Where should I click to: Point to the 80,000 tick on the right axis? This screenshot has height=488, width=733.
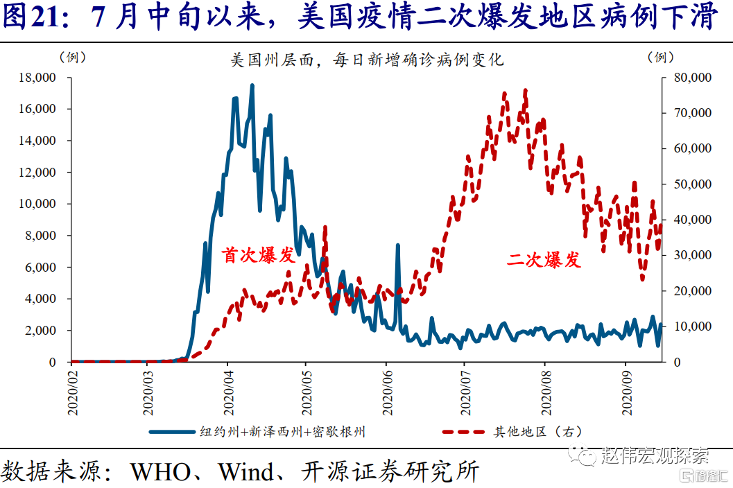(x=692, y=78)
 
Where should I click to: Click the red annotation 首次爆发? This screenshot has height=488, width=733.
(x=257, y=254)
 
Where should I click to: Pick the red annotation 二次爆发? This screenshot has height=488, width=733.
(x=544, y=260)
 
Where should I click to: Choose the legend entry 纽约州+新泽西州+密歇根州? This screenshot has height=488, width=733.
(x=282, y=432)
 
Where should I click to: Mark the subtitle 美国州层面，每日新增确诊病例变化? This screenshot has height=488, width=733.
(x=367, y=60)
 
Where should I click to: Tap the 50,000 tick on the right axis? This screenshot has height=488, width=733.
(x=692, y=184)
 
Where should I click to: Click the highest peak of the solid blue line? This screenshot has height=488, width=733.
(x=252, y=85)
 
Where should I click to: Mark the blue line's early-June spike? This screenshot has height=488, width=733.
(x=397, y=245)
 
